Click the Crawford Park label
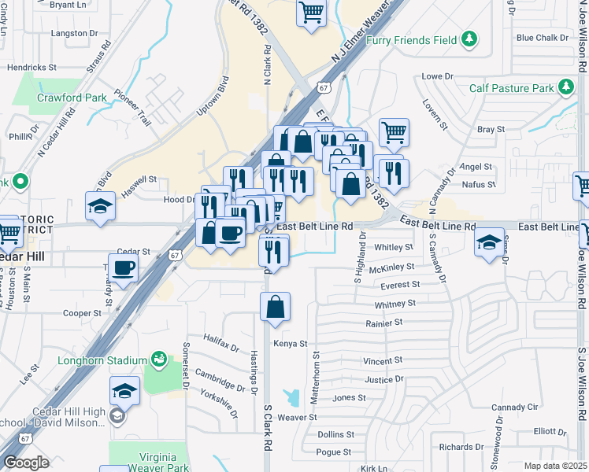72,98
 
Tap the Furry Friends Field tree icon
470,39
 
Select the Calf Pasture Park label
512,88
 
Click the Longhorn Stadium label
102,361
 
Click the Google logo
27,463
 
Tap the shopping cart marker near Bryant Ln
311,12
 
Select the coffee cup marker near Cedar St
124,267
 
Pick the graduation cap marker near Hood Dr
100,207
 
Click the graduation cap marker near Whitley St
489,242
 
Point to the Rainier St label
383,323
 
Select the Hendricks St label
31,68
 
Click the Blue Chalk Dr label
542,38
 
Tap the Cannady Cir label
513,407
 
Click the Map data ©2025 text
556,466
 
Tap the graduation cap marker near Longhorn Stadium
124,390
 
